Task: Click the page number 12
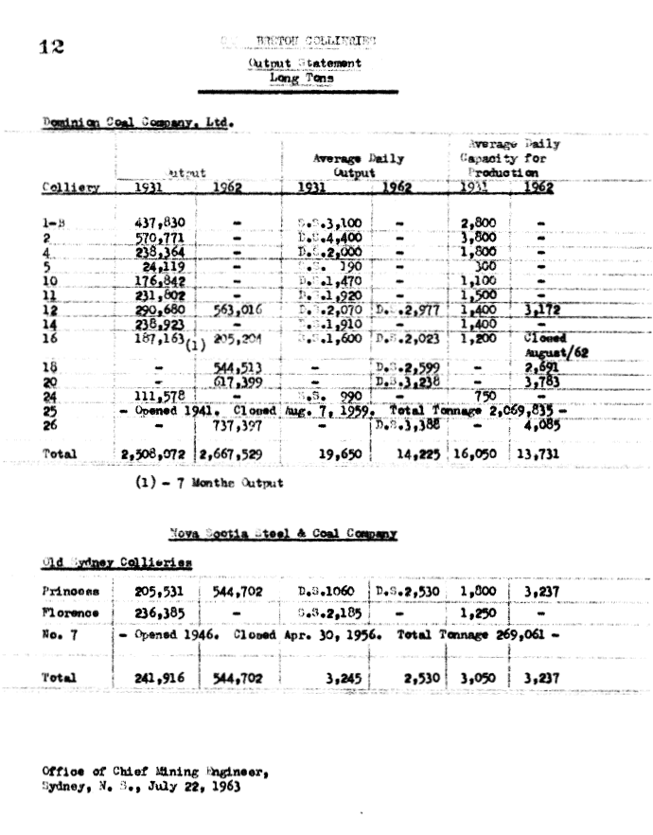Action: point(50,48)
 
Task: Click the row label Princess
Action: point(70,592)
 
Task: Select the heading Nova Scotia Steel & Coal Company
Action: point(283,534)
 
